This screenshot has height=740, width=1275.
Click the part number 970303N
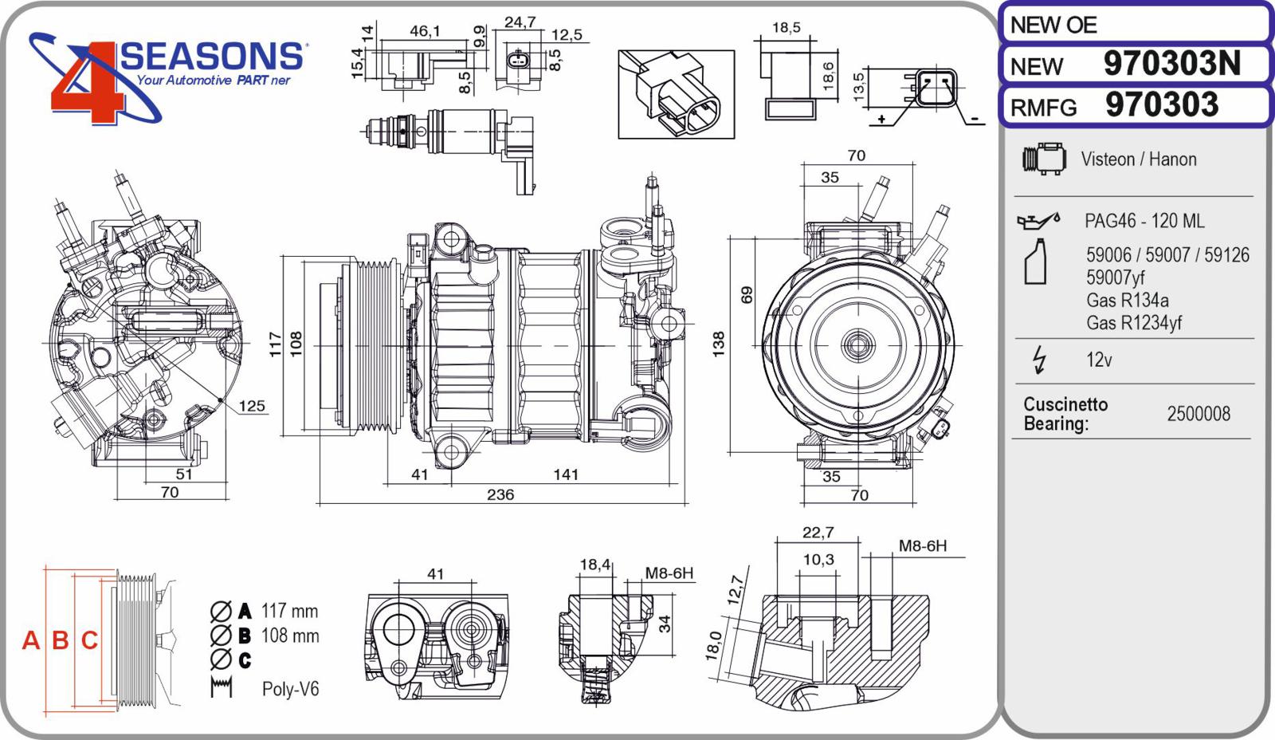coord(1172,63)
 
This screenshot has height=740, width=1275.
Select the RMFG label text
coord(1043,108)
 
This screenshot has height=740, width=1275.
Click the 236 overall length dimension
coord(500,494)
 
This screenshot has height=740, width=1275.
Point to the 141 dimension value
coord(566,474)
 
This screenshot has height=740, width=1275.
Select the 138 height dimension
coord(718,344)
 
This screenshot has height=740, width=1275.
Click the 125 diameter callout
coord(252,406)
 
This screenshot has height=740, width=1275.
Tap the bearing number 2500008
coord(1198,414)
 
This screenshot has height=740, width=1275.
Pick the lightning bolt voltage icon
coord(1039,360)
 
